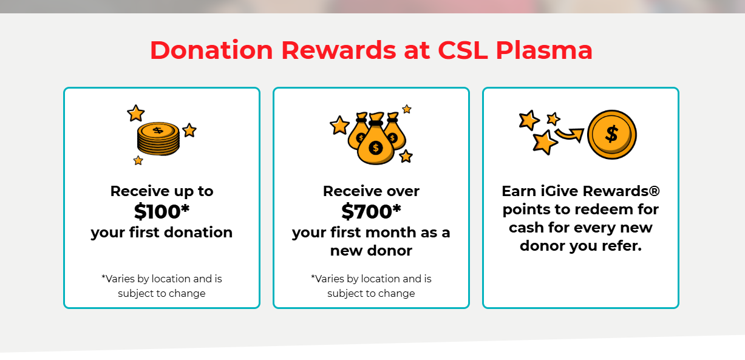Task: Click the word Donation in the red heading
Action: pyautogui.click(x=211, y=50)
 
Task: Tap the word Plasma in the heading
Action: pyautogui.click(x=544, y=50)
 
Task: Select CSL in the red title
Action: pyautogui.click(x=463, y=50)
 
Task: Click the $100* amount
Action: pyautogui.click(x=162, y=211)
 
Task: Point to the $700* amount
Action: pyautogui.click(x=371, y=211)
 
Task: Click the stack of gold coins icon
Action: pyautogui.click(x=158, y=138)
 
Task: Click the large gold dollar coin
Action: pyautogui.click(x=611, y=135)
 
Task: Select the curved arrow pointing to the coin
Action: pyautogui.click(x=570, y=134)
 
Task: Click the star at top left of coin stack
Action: pyautogui.click(x=135, y=114)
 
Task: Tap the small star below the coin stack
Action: pyautogui.click(x=138, y=160)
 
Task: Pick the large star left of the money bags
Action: pyautogui.click(x=339, y=125)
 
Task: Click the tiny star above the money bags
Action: pyautogui.click(x=407, y=109)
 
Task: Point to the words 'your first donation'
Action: pyautogui.click(x=162, y=233)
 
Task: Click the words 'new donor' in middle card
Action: pyautogui.click(x=371, y=251)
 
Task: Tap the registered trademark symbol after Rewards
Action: pyautogui.click(x=654, y=191)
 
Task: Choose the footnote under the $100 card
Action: pyautogui.click(x=162, y=286)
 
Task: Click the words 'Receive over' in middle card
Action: pyautogui.click(x=371, y=191)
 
